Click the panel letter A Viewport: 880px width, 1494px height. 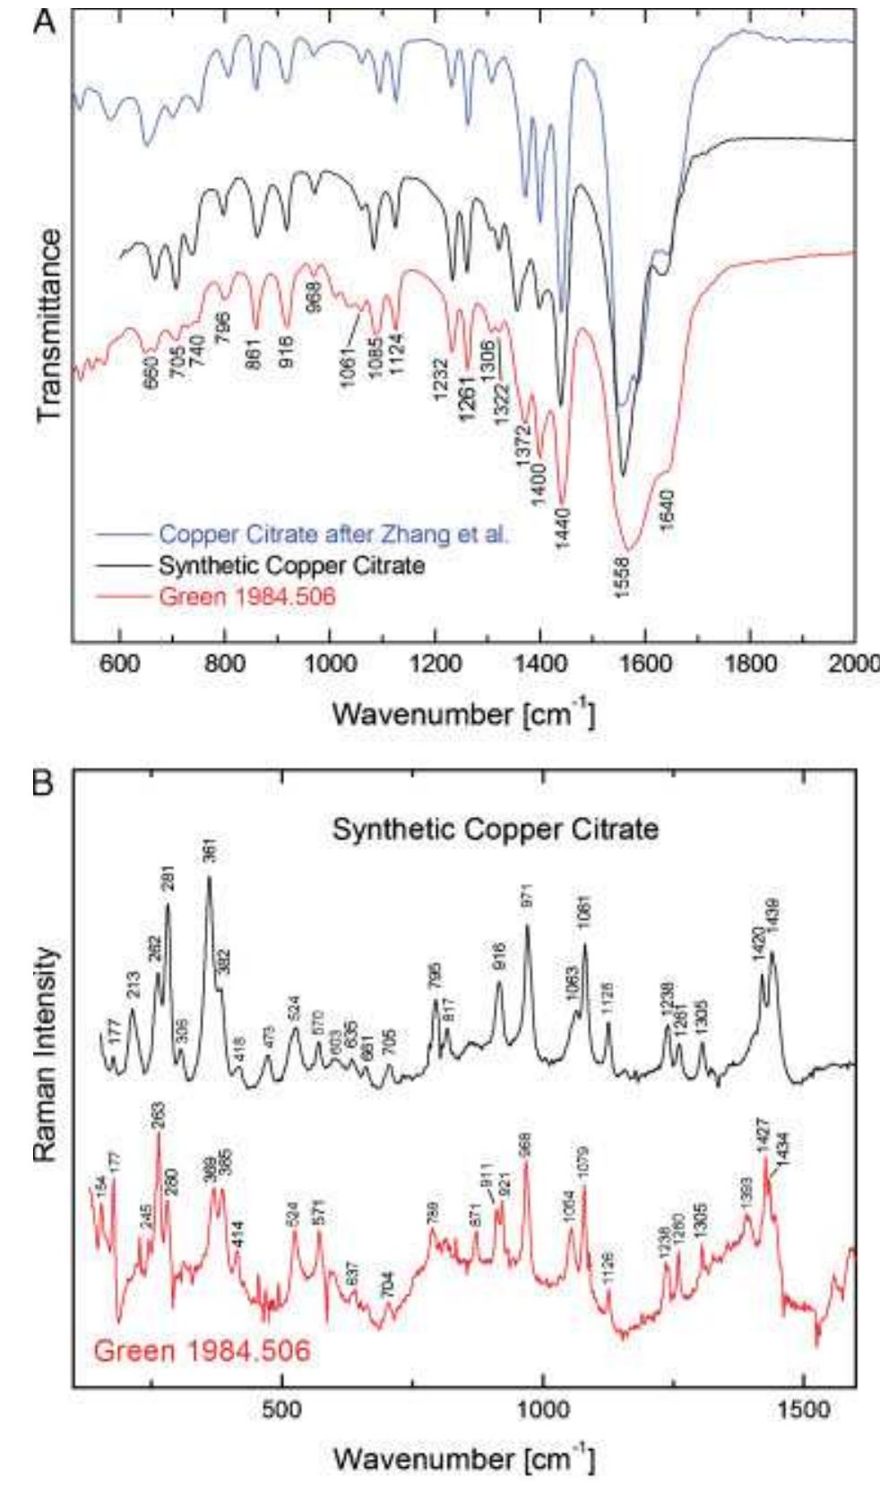pyautogui.click(x=45, y=21)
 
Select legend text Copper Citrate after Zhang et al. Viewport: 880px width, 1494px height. pyautogui.click(x=333, y=535)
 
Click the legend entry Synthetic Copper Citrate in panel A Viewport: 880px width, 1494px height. pyautogui.click(x=291, y=565)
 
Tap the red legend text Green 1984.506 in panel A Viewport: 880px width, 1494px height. pyautogui.click(x=246, y=595)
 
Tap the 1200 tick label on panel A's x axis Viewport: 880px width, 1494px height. pyautogui.click(x=435, y=664)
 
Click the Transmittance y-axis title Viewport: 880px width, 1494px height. pyautogui.click(x=51, y=324)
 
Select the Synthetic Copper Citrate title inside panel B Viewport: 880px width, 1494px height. pyautogui.click(x=495, y=829)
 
